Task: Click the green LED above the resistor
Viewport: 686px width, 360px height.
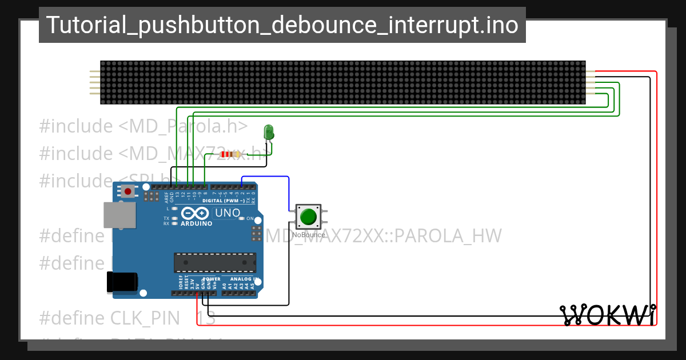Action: click(268, 133)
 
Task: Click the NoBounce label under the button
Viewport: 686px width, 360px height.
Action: click(309, 235)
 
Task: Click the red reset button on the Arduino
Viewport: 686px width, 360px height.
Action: click(128, 191)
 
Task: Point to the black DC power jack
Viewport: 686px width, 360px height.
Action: click(122, 282)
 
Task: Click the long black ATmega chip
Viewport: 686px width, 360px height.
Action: click(215, 262)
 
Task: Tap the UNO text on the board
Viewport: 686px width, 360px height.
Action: click(227, 213)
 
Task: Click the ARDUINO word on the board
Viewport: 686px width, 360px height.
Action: click(196, 223)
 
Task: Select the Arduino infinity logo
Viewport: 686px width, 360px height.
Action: click(196, 213)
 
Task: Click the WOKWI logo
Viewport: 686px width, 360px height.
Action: click(608, 315)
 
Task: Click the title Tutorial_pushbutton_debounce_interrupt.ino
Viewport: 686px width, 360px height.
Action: click(282, 25)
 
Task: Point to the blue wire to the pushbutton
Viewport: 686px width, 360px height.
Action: click(266, 177)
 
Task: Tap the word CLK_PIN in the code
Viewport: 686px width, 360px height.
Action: click(146, 318)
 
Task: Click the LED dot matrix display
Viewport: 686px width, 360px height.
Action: click(342, 82)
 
